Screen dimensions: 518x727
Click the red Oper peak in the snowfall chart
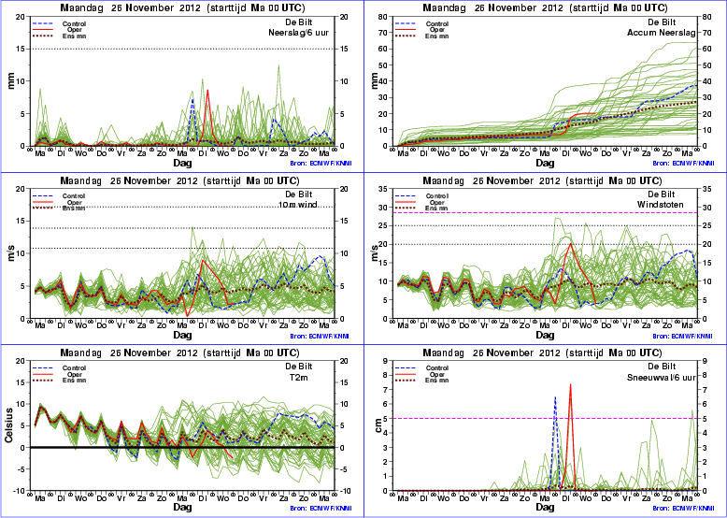pyautogui.click(x=570, y=384)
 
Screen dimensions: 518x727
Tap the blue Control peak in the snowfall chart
pyautogui.click(x=555, y=397)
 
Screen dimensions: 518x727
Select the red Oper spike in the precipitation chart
pyautogui.click(x=207, y=91)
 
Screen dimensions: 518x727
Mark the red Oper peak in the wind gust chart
pyautogui.click(x=570, y=243)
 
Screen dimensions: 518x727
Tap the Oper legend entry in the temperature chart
pyautogui.click(x=72, y=374)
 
